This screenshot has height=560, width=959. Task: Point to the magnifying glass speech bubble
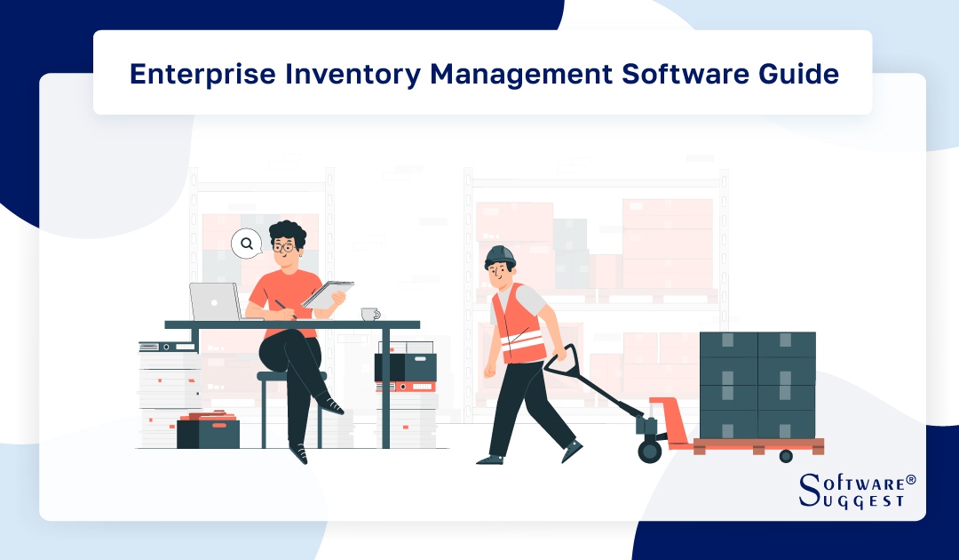[x=246, y=243]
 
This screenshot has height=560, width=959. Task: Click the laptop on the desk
[x=214, y=302]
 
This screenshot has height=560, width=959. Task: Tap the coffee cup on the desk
[x=369, y=314]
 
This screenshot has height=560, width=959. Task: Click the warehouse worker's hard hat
[x=500, y=256]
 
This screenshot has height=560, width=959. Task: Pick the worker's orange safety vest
[x=519, y=324]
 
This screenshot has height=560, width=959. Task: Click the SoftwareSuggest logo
[x=856, y=492]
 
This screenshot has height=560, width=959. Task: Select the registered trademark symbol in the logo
[x=910, y=480]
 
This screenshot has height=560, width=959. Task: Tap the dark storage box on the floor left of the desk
[x=208, y=434]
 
